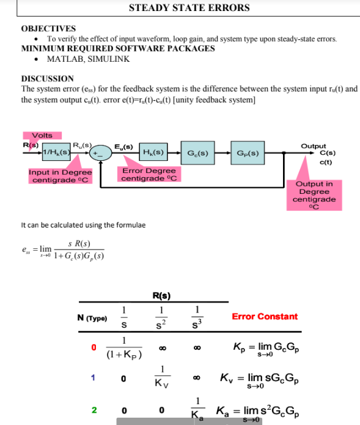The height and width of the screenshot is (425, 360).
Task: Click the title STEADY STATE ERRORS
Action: click(189, 8)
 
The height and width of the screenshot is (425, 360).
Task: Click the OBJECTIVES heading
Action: click(48, 29)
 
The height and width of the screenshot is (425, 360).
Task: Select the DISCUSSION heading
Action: click(47, 79)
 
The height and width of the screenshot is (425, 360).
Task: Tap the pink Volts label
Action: click(42, 135)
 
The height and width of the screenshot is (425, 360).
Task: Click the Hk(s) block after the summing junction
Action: click(152, 152)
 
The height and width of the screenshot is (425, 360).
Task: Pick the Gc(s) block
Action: click(197, 152)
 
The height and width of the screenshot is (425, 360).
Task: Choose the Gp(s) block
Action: click(248, 152)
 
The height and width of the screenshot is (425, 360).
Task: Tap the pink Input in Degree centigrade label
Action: click(60, 176)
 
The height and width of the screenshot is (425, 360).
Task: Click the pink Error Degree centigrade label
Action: click(149, 174)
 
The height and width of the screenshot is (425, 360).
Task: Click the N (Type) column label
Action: click(92, 318)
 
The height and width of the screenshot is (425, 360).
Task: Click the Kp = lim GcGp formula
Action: click(265, 348)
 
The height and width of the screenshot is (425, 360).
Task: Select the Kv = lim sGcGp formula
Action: click(265, 380)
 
